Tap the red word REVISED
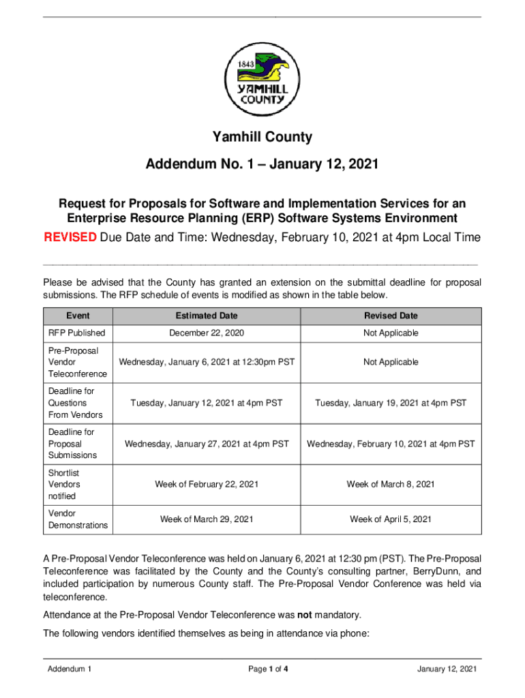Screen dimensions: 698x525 click(x=70, y=238)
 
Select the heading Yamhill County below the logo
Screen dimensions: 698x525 click(x=262, y=137)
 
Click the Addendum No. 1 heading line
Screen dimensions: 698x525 click(x=262, y=165)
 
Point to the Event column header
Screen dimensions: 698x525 click(x=78, y=316)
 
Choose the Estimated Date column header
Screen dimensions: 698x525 click(x=207, y=316)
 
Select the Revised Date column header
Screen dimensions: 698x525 click(x=391, y=316)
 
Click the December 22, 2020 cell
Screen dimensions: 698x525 click(x=207, y=333)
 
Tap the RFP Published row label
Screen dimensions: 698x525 click(x=76, y=333)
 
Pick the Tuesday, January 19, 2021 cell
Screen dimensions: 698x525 click(x=391, y=403)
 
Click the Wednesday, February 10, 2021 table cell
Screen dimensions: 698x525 click(x=391, y=444)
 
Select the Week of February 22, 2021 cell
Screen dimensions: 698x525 click(x=207, y=485)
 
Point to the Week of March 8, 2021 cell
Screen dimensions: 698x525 click(x=391, y=485)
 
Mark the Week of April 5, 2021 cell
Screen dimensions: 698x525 click(x=391, y=519)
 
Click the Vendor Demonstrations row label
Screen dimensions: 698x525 click(x=78, y=519)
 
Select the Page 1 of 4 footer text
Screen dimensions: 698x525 click(x=268, y=669)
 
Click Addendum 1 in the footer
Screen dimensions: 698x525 click(x=70, y=669)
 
